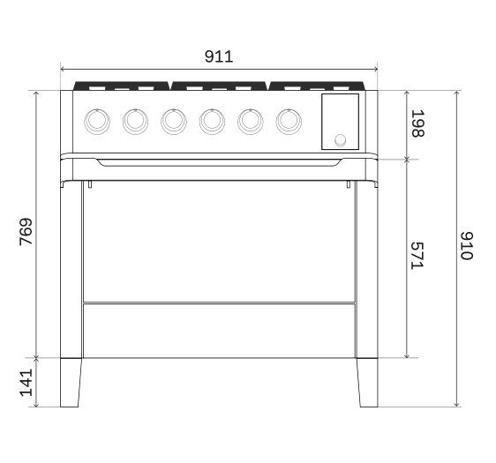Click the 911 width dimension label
click(x=219, y=56)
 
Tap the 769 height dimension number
click(x=26, y=231)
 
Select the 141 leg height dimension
click(x=26, y=383)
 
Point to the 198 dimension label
click(x=417, y=123)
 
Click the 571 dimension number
click(x=417, y=256)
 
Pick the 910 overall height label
click(x=467, y=246)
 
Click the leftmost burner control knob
click(x=97, y=122)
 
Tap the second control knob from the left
click(x=135, y=122)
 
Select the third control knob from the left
click(x=174, y=122)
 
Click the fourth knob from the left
click(x=212, y=122)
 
